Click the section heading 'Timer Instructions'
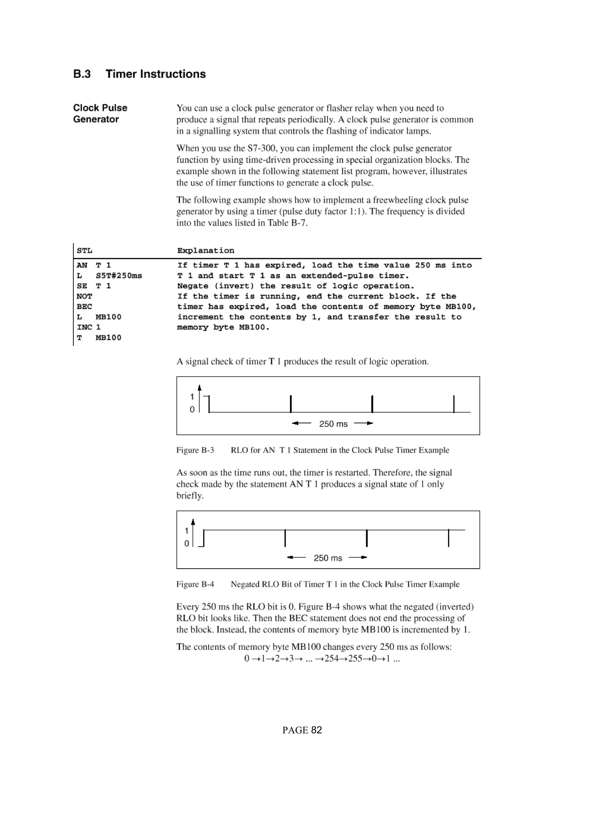[x=155, y=74]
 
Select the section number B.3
[x=82, y=74]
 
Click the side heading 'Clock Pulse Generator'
[x=100, y=113]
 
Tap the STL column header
[x=85, y=251]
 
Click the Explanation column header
[x=205, y=251]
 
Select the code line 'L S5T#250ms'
[x=109, y=276]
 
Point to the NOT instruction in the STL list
[x=84, y=296]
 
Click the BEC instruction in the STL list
[x=84, y=306]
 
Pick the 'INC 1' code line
[x=89, y=327]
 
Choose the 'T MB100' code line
[x=99, y=338]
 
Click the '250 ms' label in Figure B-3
[x=333, y=424]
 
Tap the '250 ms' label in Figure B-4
[x=328, y=558]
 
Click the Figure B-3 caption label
[x=195, y=450]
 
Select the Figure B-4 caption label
[x=195, y=584]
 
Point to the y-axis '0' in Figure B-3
[x=192, y=410]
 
